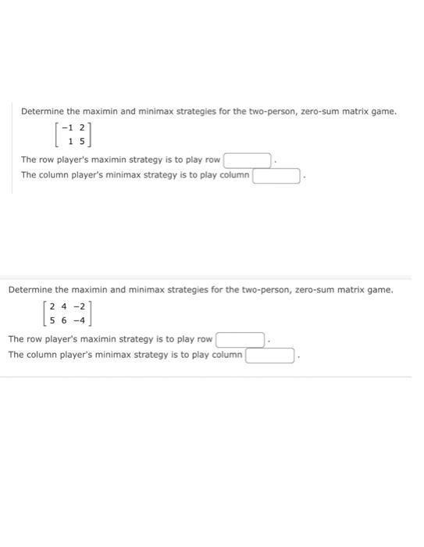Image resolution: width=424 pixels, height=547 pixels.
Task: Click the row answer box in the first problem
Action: tap(248, 160)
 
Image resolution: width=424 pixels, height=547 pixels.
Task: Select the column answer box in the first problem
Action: tap(276, 176)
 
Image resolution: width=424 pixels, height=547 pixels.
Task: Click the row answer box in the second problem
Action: tap(241, 340)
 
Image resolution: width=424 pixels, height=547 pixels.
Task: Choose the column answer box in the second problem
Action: tap(271, 356)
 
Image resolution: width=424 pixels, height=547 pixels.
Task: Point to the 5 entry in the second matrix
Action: tap(52, 320)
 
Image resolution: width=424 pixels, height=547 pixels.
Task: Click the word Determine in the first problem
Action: tap(43, 111)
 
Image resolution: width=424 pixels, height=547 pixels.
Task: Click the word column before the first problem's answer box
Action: tap(234, 175)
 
